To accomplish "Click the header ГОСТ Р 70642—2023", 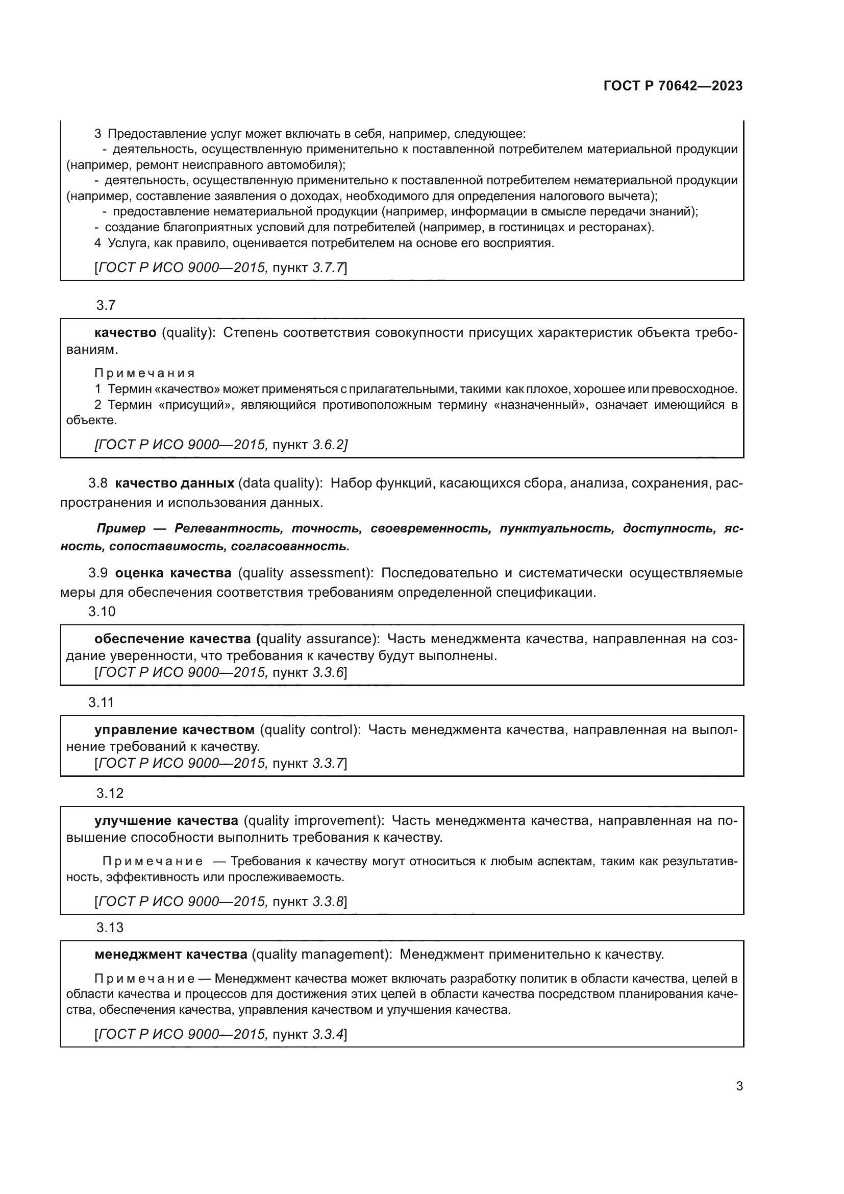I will [x=673, y=86].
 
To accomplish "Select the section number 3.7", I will [x=106, y=305].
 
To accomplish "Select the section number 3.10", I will [x=102, y=612].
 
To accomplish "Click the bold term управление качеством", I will [x=174, y=729].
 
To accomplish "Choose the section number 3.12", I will [x=110, y=793].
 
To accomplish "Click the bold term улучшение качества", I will [x=166, y=821].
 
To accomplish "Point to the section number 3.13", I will [x=110, y=927].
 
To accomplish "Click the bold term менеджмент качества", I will [x=170, y=954].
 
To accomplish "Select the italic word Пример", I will [x=121, y=528].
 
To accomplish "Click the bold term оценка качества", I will [x=173, y=573].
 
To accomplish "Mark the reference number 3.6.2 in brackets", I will [x=328, y=445].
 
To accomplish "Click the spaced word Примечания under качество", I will [x=144, y=373].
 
